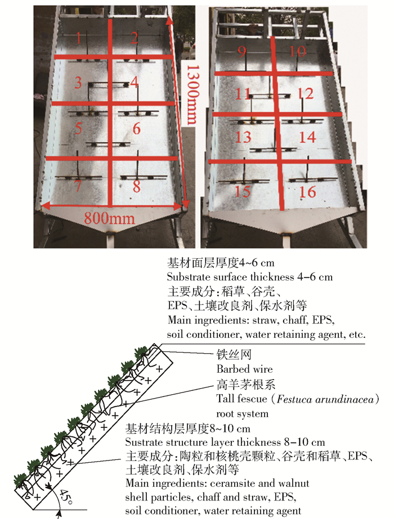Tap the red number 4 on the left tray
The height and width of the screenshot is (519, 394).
(x=133, y=82)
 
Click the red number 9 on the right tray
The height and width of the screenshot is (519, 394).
(x=241, y=52)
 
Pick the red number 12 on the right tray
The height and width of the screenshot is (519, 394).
(x=305, y=94)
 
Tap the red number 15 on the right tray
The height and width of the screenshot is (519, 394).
(x=242, y=191)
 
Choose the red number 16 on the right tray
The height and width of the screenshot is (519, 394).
(x=307, y=192)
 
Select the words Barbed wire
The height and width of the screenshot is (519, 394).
(x=244, y=369)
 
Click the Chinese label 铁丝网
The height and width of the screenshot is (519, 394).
(x=234, y=355)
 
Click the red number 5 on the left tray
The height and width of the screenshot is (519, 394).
(x=78, y=128)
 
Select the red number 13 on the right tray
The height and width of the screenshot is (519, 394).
(x=243, y=137)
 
